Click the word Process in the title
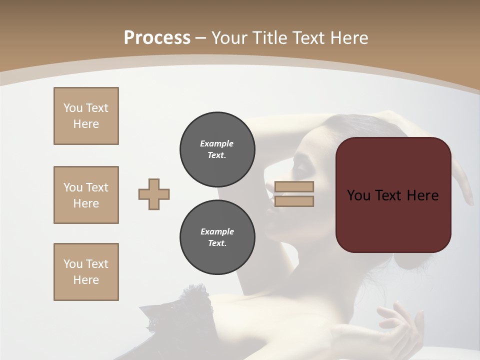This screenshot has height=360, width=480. click(157, 38)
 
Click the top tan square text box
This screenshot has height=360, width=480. click(86, 116)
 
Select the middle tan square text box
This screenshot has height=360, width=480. click(86, 195)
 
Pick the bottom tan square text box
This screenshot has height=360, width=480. click(86, 272)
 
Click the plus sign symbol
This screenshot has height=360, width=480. click(154, 194)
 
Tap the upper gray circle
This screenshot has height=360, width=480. click(217, 149)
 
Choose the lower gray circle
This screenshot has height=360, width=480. click(217, 237)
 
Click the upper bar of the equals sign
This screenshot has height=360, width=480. click(294, 186)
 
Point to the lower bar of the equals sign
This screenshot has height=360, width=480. click(294, 201)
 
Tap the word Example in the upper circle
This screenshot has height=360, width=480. click(216, 143)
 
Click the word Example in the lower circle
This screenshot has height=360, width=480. click(217, 231)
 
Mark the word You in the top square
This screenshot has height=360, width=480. click(72, 108)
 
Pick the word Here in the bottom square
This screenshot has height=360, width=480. click(86, 280)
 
